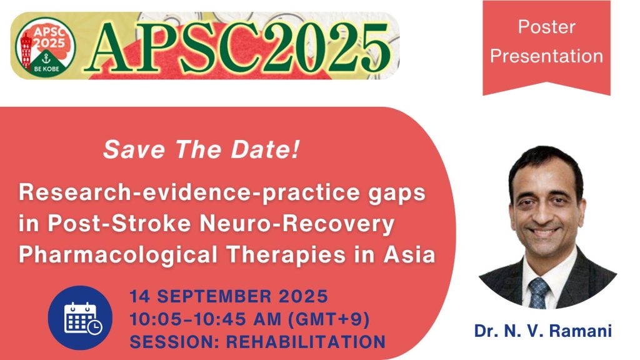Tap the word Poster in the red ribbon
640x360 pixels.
tap(546, 27)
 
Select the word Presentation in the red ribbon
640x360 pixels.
tap(546, 56)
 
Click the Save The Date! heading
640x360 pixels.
tap(200, 149)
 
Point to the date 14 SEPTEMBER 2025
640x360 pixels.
tap(228, 295)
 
